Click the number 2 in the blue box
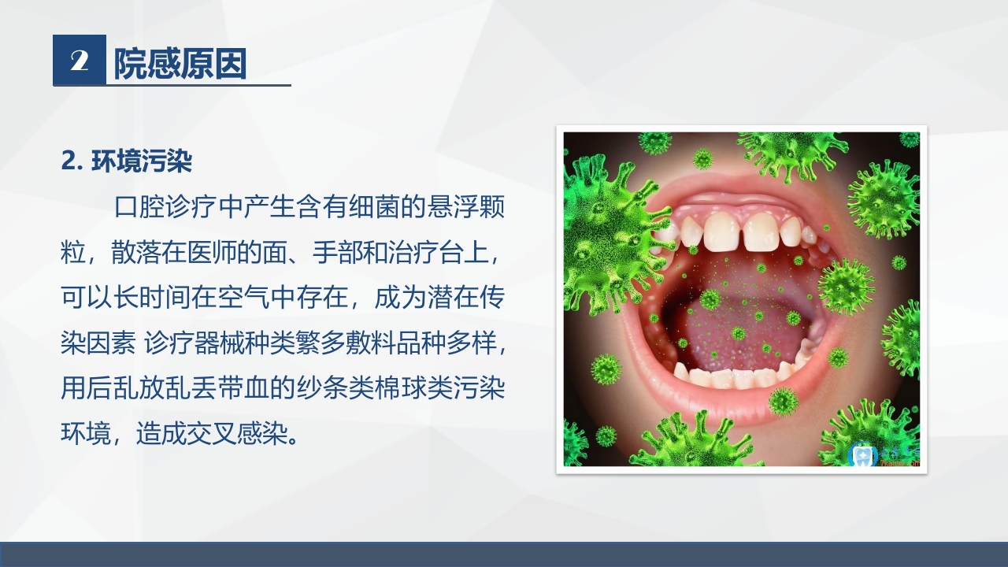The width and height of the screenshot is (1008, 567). coord(79,61)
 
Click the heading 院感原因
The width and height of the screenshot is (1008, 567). coord(180,63)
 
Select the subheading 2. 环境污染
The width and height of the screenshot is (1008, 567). coord(127,161)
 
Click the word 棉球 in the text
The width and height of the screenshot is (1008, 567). coord(392,389)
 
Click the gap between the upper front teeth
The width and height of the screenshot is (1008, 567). coord(741,231)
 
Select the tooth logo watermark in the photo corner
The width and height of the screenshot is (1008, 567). coord(863,454)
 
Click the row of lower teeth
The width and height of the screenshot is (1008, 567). coord(732,376)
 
